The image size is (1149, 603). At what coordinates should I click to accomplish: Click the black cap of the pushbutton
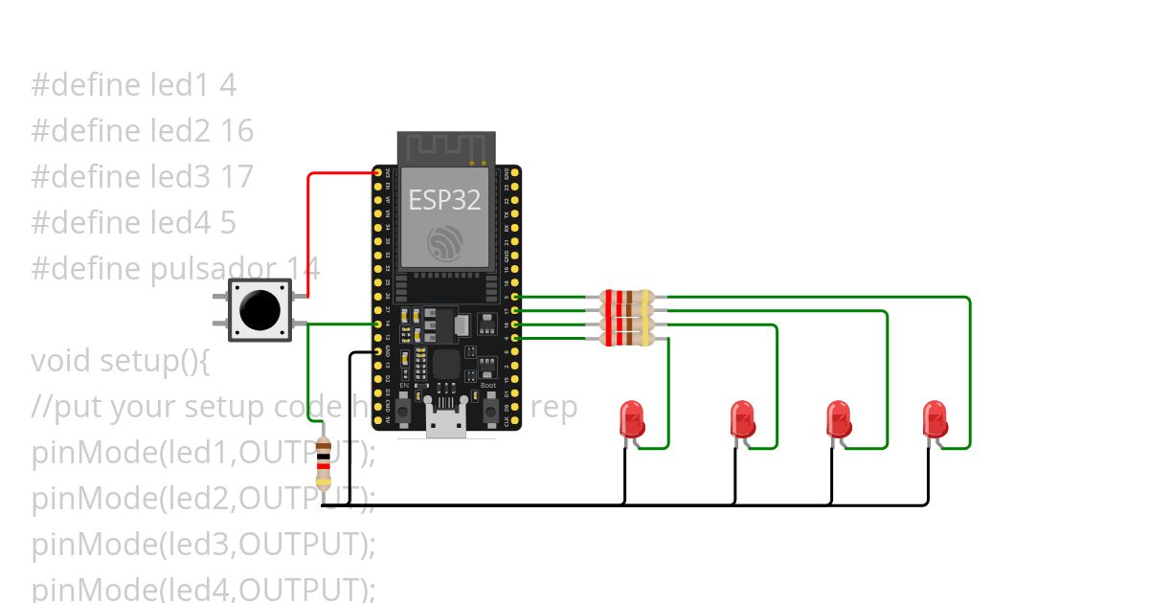click(x=259, y=309)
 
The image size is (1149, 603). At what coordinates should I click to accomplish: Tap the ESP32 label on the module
click(x=444, y=199)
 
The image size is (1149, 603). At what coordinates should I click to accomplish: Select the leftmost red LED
click(x=632, y=419)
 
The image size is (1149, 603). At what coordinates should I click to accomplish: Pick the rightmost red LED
click(x=935, y=419)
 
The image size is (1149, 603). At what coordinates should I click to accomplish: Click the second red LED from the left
click(x=742, y=419)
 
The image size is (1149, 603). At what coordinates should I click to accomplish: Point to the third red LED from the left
click(x=839, y=419)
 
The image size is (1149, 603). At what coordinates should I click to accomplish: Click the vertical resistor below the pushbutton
click(x=324, y=463)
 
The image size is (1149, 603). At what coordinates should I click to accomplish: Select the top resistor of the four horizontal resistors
click(x=626, y=297)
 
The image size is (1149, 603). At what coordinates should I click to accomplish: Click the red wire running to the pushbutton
click(x=308, y=230)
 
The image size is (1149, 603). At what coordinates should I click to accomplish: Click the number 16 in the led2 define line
click(x=237, y=130)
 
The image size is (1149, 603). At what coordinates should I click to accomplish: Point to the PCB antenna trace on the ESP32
click(x=446, y=147)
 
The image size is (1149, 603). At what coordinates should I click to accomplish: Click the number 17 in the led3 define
click(x=237, y=176)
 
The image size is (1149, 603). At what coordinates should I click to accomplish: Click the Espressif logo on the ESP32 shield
click(x=446, y=241)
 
